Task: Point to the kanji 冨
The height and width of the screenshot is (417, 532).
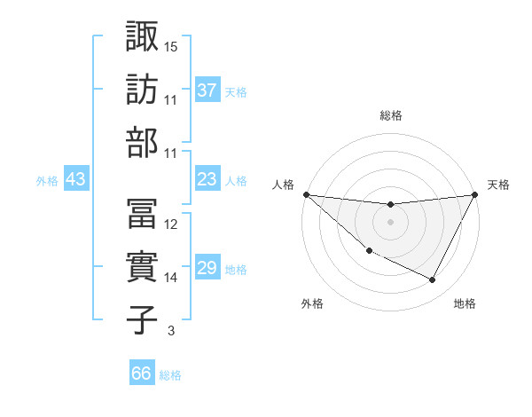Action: tap(143, 212)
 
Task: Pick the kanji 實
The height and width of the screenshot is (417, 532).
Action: tap(143, 265)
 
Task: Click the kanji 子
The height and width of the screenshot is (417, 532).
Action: tap(143, 319)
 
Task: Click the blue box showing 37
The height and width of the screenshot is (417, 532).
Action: tap(207, 90)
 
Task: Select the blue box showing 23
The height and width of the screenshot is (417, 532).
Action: tap(207, 179)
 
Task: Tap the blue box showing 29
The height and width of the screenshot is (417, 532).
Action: tap(207, 268)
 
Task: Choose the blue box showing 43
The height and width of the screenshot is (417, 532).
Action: tap(75, 179)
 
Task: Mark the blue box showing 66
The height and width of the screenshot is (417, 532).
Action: tap(141, 374)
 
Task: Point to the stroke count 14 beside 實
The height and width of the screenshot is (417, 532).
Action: tap(171, 277)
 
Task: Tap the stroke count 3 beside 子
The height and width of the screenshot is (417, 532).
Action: tap(170, 331)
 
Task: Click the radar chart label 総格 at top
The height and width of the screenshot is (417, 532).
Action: tap(390, 115)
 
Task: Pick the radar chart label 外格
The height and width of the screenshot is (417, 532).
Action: tap(312, 303)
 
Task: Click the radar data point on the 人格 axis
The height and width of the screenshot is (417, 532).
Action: tap(306, 194)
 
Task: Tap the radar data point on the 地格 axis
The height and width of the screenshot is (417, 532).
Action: tap(433, 280)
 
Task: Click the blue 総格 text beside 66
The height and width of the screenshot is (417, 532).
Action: tap(170, 375)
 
